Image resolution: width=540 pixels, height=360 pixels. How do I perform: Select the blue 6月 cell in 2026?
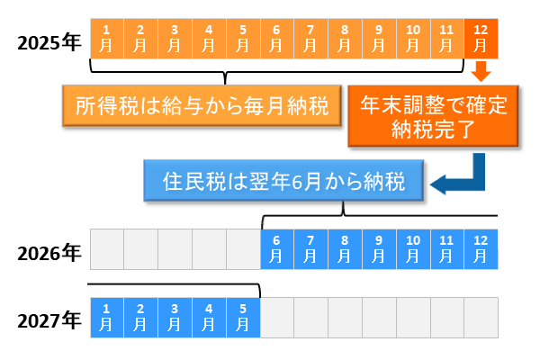tap(277, 249)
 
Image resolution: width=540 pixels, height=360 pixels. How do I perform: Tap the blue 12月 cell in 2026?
tap(481, 249)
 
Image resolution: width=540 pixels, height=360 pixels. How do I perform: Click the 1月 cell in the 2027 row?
tap(107, 317)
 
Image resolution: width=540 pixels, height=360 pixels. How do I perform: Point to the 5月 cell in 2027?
tap(243, 317)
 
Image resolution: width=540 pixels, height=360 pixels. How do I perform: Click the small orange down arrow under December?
tap(481, 70)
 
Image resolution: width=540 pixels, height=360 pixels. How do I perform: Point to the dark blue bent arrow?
tap(463, 180)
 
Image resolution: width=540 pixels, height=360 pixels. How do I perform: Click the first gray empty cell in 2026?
tap(107, 249)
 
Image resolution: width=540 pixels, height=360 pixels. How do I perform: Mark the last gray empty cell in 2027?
tap(481, 317)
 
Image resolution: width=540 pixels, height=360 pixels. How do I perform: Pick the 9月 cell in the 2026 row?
tap(379, 249)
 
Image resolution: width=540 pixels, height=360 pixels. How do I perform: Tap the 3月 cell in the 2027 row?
tap(175, 317)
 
